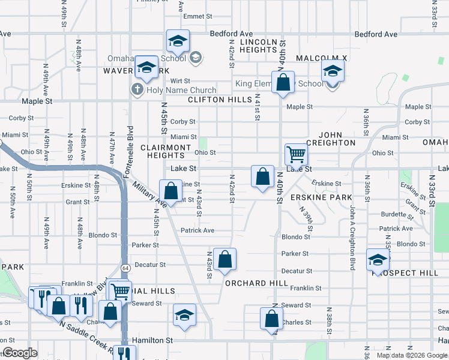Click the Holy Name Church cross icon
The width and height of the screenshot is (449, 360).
(136, 91)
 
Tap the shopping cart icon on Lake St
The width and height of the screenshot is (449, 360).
(297, 154)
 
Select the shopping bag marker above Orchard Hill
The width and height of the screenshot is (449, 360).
(224, 260)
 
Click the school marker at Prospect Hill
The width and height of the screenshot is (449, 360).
(378, 260)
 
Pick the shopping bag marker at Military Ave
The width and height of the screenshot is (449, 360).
(171, 191)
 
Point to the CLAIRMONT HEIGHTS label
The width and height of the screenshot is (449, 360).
(166, 151)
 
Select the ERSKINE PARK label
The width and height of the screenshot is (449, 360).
(321, 197)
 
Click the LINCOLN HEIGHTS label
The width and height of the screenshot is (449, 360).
(259, 47)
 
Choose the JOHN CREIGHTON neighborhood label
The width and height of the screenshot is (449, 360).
(331, 139)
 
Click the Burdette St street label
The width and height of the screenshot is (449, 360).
(396, 214)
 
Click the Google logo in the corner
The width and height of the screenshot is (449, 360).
(20, 353)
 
